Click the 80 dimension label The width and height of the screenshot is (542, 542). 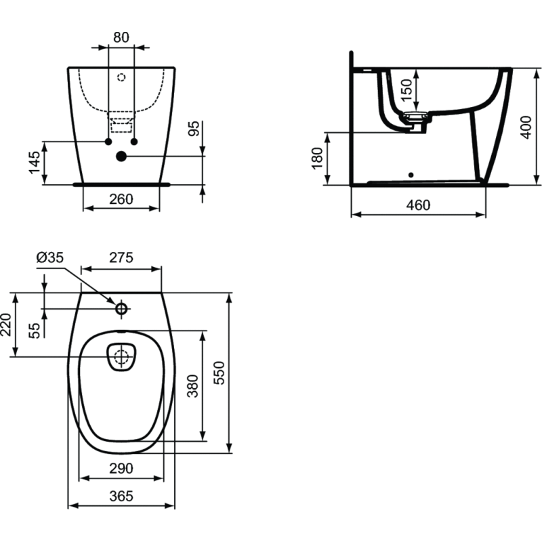pyautogui.click(x=121, y=37)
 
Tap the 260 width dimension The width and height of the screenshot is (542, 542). pyautogui.click(x=121, y=199)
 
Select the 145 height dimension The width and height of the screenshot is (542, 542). pyautogui.click(x=35, y=163)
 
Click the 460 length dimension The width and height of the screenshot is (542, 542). pyautogui.click(x=418, y=205)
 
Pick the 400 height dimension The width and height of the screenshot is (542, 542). pyautogui.click(x=526, y=127)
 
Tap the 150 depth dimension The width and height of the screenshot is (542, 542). pyautogui.click(x=407, y=90)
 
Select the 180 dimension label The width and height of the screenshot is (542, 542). pyautogui.click(x=317, y=159)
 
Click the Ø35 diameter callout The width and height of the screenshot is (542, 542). pyautogui.click(x=49, y=257)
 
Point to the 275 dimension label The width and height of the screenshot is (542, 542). pyautogui.click(x=121, y=257)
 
